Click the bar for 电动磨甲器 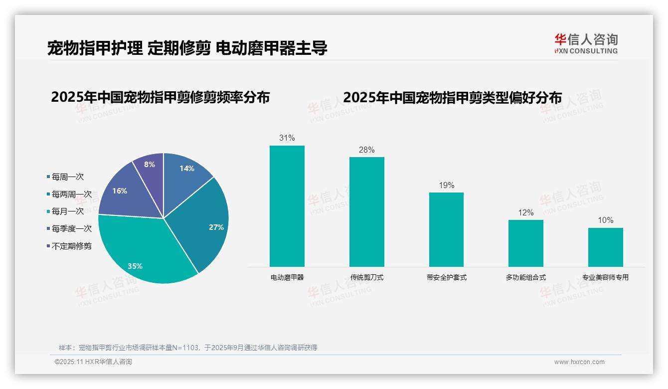pyautogui.click(x=287, y=206)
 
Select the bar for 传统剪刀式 pyautogui.click(x=366, y=211)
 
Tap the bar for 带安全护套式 pyautogui.click(x=446, y=229)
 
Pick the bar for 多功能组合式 pyautogui.click(x=526, y=243)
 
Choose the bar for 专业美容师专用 pyautogui.click(x=605, y=247)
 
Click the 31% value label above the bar pyautogui.click(x=287, y=138)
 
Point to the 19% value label pyautogui.click(x=446, y=186)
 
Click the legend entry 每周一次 pyautogui.click(x=67, y=177)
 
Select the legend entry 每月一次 pyautogui.click(x=67, y=211)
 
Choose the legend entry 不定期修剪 pyautogui.click(x=71, y=246)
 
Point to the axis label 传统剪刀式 pyautogui.click(x=366, y=277)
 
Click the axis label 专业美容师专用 pyautogui.click(x=605, y=277)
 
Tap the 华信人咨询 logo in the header pyautogui.click(x=586, y=43)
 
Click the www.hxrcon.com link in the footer pyautogui.click(x=579, y=362)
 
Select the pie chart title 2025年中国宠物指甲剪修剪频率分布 pyautogui.click(x=160, y=97)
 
